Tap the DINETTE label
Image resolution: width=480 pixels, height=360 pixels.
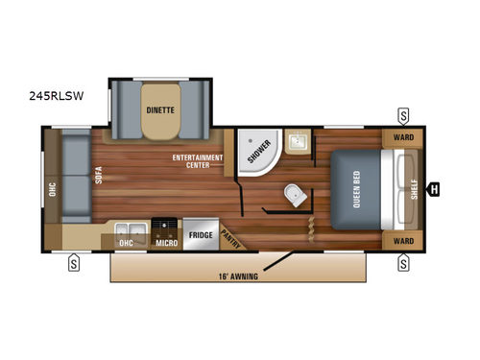pos(160,109)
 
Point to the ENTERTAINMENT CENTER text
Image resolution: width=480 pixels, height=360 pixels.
pos(197,159)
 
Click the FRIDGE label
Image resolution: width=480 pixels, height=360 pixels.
pos(200,234)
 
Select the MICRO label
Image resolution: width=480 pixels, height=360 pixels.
pos(165,243)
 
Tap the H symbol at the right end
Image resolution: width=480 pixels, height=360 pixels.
pos(435,188)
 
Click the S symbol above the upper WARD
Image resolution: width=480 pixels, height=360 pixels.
pos(403,115)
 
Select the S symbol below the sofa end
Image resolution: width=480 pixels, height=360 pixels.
pos(73,261)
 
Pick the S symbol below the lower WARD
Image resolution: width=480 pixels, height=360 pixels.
pos(403,261)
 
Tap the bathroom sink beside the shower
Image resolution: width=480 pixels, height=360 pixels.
pos(297,143)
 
